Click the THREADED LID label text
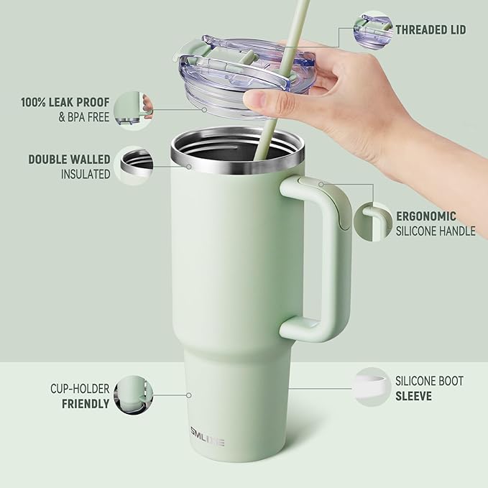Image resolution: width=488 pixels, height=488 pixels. coord(430,29)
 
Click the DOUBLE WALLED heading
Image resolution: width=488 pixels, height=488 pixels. coord(69,160)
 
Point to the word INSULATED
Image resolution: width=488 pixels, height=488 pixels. coord(86,174)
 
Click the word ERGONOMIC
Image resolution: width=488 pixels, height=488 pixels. coord(425,216)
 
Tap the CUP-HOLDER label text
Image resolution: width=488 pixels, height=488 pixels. coord(79,389)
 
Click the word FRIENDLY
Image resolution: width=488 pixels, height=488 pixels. coord(85,403)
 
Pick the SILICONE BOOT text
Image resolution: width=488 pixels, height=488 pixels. coord(430,381)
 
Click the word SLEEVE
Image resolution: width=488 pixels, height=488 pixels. coord(413,395)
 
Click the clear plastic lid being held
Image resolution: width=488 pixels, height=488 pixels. coord(223,72)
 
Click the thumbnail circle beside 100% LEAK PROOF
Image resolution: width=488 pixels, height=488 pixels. coord(134,109)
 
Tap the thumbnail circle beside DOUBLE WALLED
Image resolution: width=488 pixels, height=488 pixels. coord(135,167)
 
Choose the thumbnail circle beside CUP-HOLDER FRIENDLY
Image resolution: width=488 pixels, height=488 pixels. coord(134,396)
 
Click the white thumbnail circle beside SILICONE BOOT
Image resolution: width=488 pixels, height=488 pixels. coord(371,388)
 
